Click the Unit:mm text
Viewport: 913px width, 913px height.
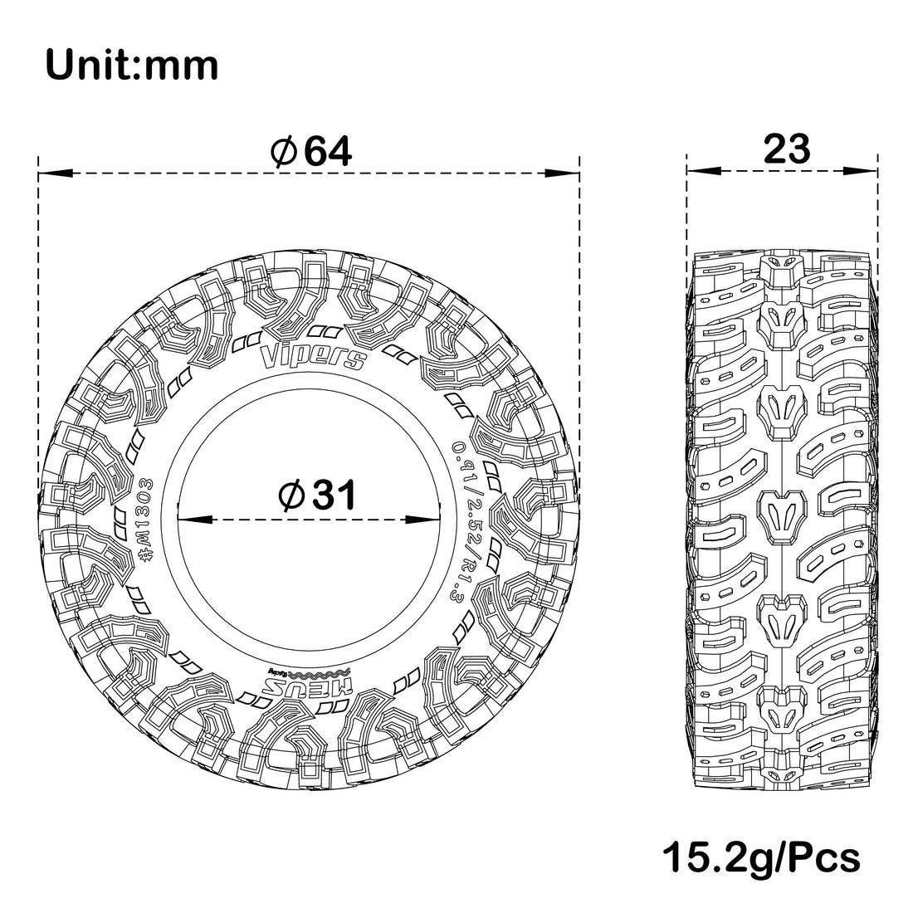(132, 65)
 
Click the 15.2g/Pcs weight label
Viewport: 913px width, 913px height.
(761, 857)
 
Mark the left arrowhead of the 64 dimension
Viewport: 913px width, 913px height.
(55, 173)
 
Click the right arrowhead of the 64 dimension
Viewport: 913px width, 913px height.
(561, 173)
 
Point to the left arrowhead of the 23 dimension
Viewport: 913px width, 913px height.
(702, 173)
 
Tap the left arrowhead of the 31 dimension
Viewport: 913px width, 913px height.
(192, 520)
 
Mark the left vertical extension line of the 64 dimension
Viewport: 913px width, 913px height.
(39, 332)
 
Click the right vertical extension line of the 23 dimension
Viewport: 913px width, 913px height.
(877, 207)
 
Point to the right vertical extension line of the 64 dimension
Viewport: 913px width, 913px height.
(578, 332)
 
